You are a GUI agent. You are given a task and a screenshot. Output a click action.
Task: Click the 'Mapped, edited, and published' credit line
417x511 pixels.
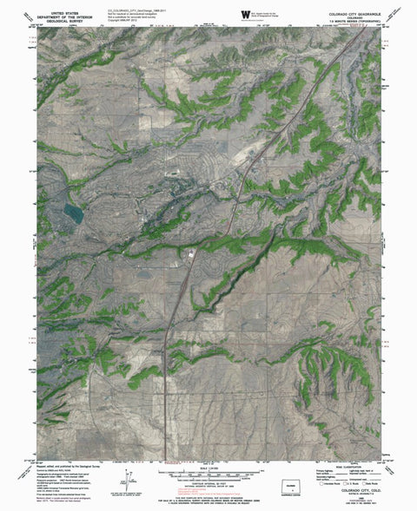pyautogui.click(x=69, y=466)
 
